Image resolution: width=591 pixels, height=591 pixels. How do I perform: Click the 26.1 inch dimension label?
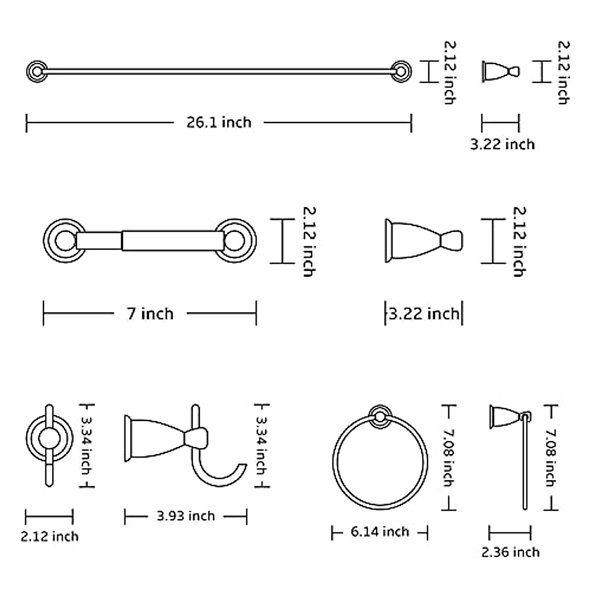tap(219, 122)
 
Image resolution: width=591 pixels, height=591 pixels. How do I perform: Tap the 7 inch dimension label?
tap(150, 314)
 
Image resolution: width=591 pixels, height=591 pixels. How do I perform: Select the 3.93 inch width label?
tap(186, 516)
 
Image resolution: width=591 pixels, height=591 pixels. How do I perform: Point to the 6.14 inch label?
tap(380, 531)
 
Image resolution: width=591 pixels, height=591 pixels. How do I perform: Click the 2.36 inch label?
tap(510, 553)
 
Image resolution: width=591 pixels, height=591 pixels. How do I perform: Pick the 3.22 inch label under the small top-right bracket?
tap(502, 144)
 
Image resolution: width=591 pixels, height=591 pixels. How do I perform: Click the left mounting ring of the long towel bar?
tap(37, 72)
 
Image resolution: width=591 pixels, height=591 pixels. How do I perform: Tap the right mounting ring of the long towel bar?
tap(401, 72)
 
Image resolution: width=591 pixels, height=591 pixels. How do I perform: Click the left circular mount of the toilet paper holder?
tap(65, 241)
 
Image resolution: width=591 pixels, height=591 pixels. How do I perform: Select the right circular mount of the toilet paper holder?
tap(235, 241)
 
